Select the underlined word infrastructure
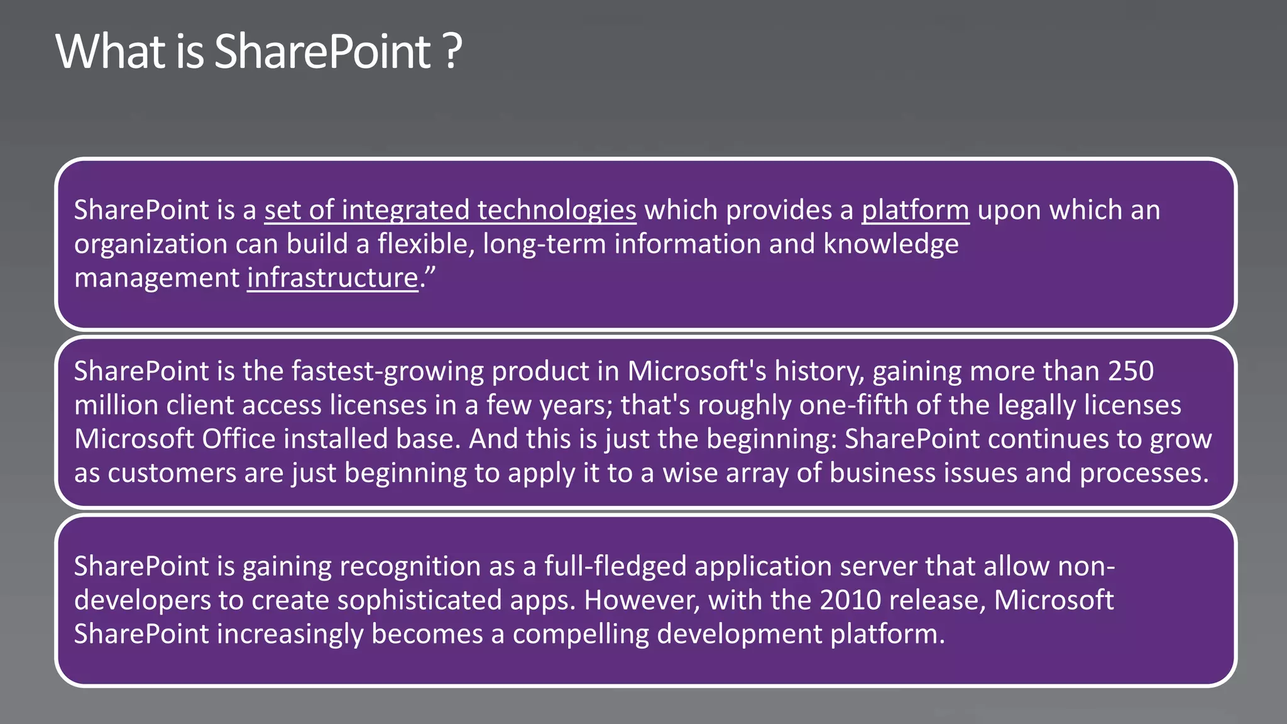[x=332, y=278]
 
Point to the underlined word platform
[x=915, y=210]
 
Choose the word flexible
[x=425, y=244]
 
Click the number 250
[x=1131, y=371]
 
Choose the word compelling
[x=581, y=634]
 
